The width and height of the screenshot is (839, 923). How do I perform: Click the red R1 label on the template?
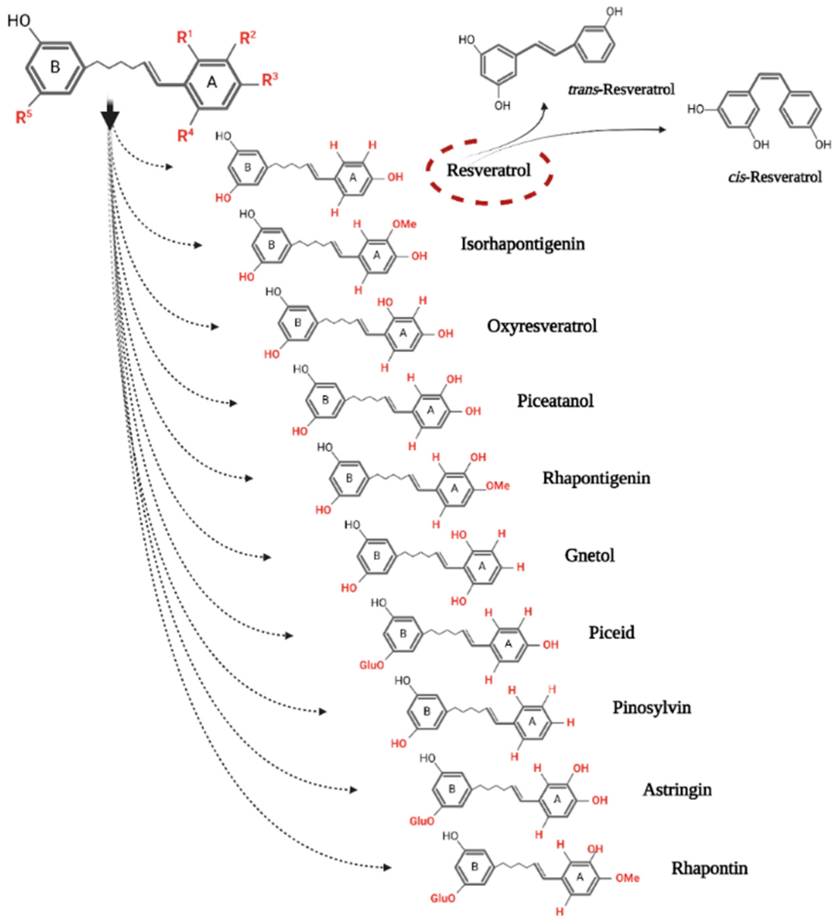point(184,37)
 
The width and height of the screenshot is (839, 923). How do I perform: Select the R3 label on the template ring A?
point(270,80)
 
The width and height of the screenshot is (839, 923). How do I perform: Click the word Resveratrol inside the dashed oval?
point(489,170)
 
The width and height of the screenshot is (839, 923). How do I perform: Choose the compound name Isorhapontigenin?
point(522,244)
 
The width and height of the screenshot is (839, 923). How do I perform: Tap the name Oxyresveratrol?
point(542,326)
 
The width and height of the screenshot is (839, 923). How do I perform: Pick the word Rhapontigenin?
point(596,478)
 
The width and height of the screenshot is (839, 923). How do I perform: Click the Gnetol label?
point(589,555)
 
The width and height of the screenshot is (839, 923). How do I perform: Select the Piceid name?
point(611,633)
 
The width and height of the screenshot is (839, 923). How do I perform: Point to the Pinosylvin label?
point(652,708)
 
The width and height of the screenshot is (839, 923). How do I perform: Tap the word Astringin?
point(677,790)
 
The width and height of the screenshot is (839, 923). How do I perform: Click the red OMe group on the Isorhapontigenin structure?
point(404,224)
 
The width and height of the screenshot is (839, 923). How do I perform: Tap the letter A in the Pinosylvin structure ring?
point(532,722)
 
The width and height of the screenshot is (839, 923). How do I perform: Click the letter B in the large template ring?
point(55,67)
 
